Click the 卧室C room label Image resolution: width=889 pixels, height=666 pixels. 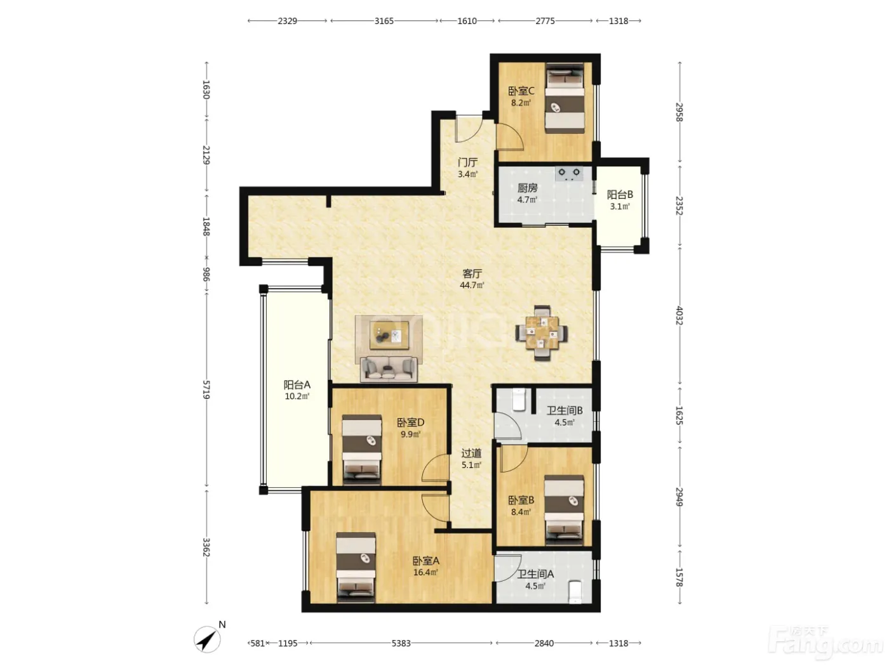coord(521,91)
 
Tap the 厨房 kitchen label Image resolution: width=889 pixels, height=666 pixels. coord(527,188)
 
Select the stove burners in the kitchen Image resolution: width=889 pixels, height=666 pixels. coord(569,173)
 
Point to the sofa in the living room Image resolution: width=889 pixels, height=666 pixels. coord(389,369)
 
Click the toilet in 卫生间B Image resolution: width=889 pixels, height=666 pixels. coord(519,400)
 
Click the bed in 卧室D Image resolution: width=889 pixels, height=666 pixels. coord(362,449)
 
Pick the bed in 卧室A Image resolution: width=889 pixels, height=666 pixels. coord(356,567)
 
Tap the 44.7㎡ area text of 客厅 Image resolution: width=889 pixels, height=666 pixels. coord(472,285)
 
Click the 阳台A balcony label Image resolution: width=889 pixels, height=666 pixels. coord(297,384)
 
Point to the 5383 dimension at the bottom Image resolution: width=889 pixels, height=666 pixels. coord(401,643)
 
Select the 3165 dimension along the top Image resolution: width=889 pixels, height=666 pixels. coord(384,21)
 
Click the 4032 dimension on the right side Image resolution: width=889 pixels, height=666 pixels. coord(679,316)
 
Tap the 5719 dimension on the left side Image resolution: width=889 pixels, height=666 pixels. coord(206,390)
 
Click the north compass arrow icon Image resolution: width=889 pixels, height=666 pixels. coord(208,639)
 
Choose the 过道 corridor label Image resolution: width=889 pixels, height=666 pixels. coord(471,454)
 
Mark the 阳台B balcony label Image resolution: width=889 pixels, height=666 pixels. coord(620,195)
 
